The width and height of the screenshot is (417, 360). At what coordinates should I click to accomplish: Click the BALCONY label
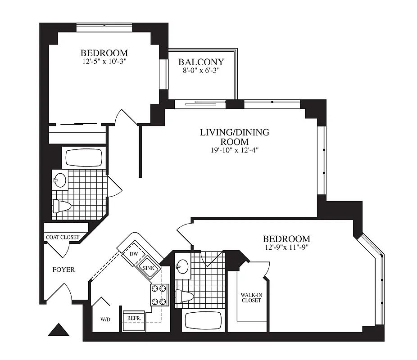click(201, 62)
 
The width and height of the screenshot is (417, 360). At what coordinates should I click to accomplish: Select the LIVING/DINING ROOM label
click(235, 137)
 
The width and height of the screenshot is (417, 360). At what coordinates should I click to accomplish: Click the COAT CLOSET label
click(63, 237)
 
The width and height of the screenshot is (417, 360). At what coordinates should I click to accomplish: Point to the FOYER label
click(63, 270)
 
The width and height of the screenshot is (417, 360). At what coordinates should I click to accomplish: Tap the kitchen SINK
click(148, 267)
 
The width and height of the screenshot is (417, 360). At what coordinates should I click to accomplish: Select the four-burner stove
click(159, 295)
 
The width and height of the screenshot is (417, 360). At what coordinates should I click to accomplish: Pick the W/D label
click(105, 320)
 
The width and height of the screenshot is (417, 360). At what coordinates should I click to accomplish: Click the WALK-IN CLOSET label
click(251, 297)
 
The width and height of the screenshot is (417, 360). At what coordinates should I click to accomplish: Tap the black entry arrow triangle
click(59, 330)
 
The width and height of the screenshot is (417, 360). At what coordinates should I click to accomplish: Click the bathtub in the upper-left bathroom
click(84, 158)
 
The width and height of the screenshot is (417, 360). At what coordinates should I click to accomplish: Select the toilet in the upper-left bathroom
click(62, 206)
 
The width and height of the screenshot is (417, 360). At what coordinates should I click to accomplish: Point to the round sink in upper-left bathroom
click(59, 180)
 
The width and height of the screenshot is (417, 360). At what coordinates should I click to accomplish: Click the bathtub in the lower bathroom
click(204, 321)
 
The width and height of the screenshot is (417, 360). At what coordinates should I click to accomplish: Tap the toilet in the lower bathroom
click(185, 296)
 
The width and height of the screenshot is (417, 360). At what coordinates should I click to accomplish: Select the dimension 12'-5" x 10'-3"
click(104, 62)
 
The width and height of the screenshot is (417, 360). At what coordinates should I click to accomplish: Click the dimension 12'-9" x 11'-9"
click(286, 247)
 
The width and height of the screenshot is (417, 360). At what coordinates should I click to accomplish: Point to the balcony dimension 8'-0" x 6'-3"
click(201, 71)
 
